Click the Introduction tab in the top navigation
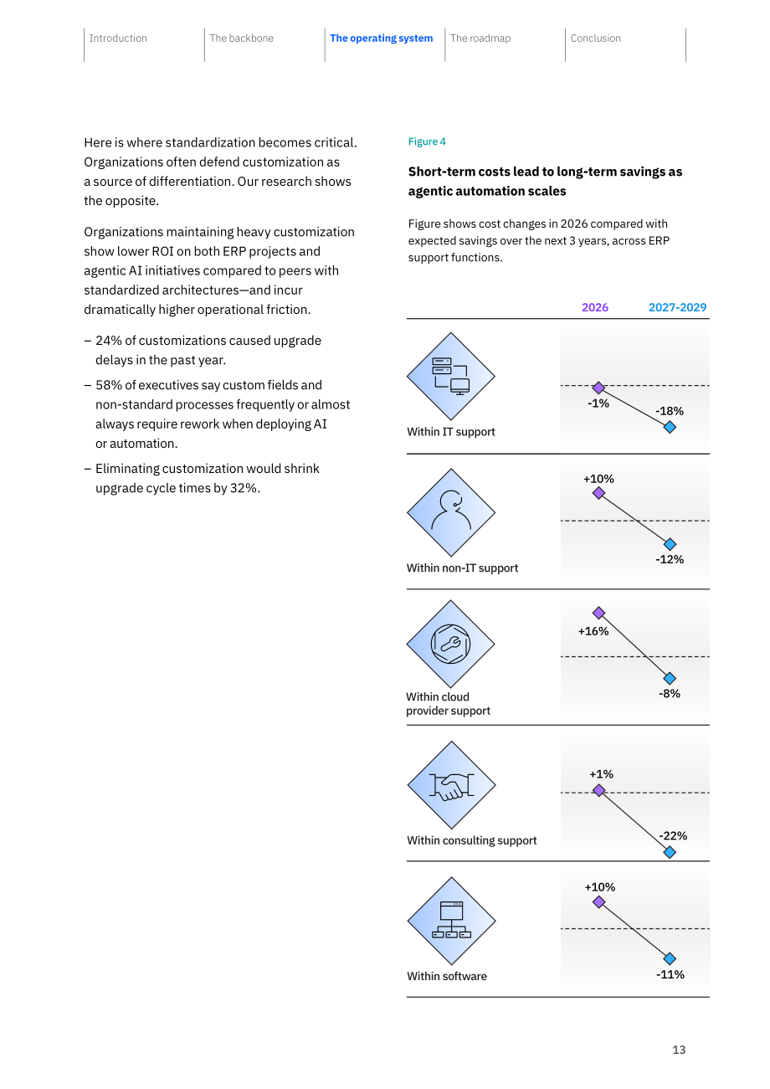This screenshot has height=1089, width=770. coord(118,39)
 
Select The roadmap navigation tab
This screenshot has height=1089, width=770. coord(480,39)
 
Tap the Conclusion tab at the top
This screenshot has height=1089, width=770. coord(595,39)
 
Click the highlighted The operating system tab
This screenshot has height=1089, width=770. coord(381,39)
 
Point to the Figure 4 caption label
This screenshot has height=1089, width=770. coord(427,141)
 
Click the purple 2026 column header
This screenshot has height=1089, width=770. coord(595,307)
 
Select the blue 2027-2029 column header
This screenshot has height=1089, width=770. coord(677,307)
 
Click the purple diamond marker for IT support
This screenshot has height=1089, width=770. coord(598,388)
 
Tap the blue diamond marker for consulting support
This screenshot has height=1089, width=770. coord(670,852)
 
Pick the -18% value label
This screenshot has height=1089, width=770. coord(670,411)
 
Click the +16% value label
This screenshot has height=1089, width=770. coord(593,631)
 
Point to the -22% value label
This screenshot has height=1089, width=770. coord(673,835)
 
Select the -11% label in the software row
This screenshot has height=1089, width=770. coord(670,974)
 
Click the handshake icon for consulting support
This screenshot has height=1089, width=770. coord(451,786)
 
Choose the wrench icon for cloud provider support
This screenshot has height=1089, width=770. coord(450,645)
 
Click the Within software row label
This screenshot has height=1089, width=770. coord(447,976)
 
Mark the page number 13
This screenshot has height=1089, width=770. coord(679,1050)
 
